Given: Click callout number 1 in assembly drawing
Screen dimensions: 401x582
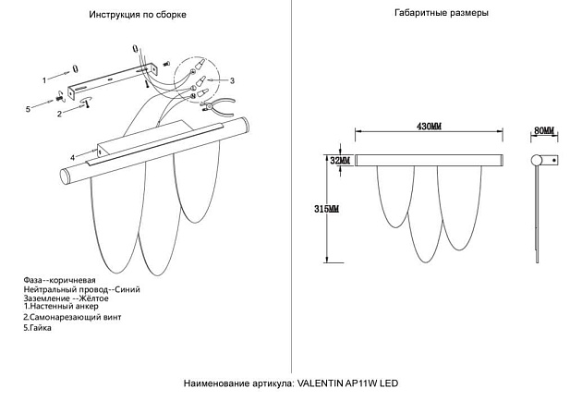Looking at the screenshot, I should [44, 80].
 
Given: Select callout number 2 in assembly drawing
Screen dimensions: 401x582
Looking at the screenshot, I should [59, 114].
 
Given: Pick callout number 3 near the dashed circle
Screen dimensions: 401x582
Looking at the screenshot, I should [232, 81].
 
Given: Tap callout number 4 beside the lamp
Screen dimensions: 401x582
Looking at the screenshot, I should [72, 157].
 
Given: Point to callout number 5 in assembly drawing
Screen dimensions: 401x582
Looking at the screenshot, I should [28, 109].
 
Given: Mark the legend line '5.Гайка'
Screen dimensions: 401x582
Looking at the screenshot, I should [39, 327].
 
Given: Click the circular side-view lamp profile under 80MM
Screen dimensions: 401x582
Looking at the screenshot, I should [536, 162].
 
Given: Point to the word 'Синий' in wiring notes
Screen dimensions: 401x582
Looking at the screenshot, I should [127, 289].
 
